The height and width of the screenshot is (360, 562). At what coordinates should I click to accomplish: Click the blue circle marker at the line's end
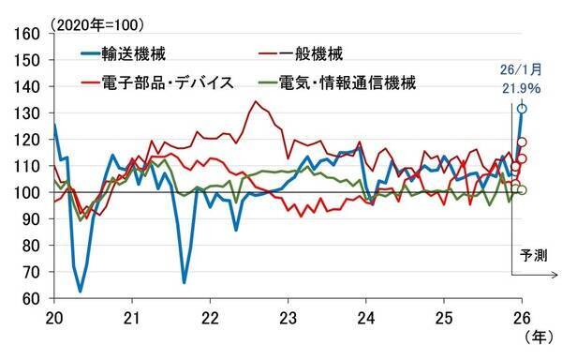(522, 109)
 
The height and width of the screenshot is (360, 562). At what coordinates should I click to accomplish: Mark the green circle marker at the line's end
(522, 190)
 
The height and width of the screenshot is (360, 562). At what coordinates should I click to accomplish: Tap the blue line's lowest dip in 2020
(81, 291)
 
